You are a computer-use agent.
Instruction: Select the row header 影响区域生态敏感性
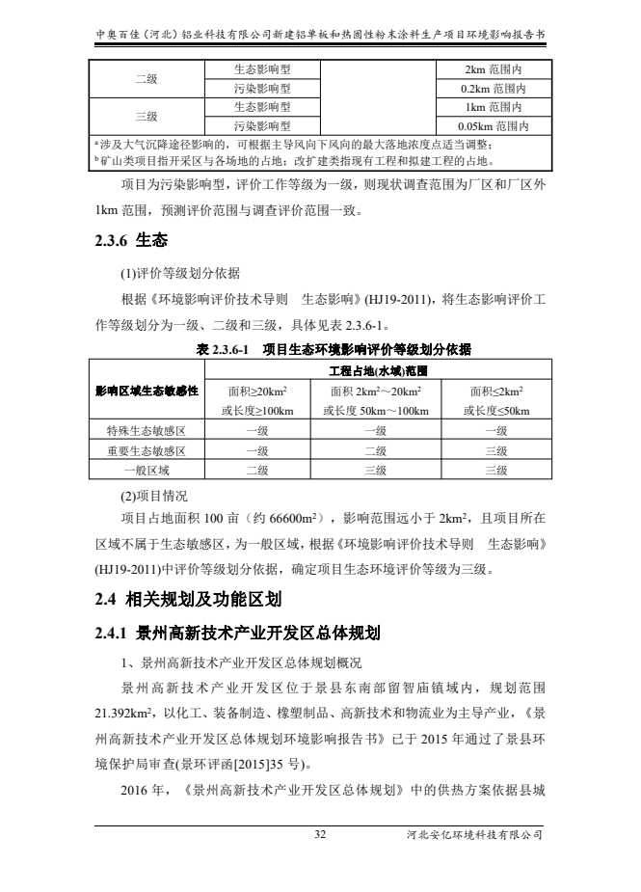click(x=147, y=391)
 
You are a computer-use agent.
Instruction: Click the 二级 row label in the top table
click(x=147, y=79)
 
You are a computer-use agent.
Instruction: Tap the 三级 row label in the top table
click(x=147, y=116)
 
